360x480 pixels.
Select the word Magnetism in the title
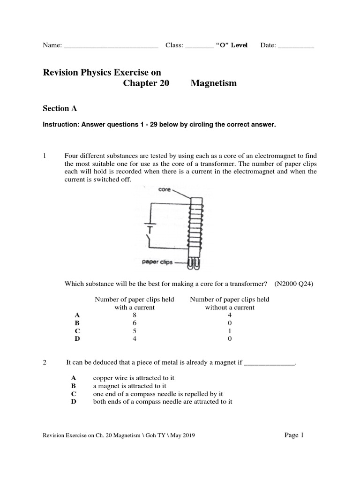pos(213,83)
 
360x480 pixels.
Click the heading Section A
pos(60,108)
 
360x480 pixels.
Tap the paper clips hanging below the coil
pos(194,264)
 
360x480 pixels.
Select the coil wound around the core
pos(195,230)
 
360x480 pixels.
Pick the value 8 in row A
pos(135,315)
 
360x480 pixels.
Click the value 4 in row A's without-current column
pos(229,315)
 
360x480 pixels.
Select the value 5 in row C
pos(135,331)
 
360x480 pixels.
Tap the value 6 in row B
pos(135,323)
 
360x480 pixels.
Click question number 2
pos(45,362)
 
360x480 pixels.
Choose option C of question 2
pos(73,394)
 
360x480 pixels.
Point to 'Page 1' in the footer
pos(294,435)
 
